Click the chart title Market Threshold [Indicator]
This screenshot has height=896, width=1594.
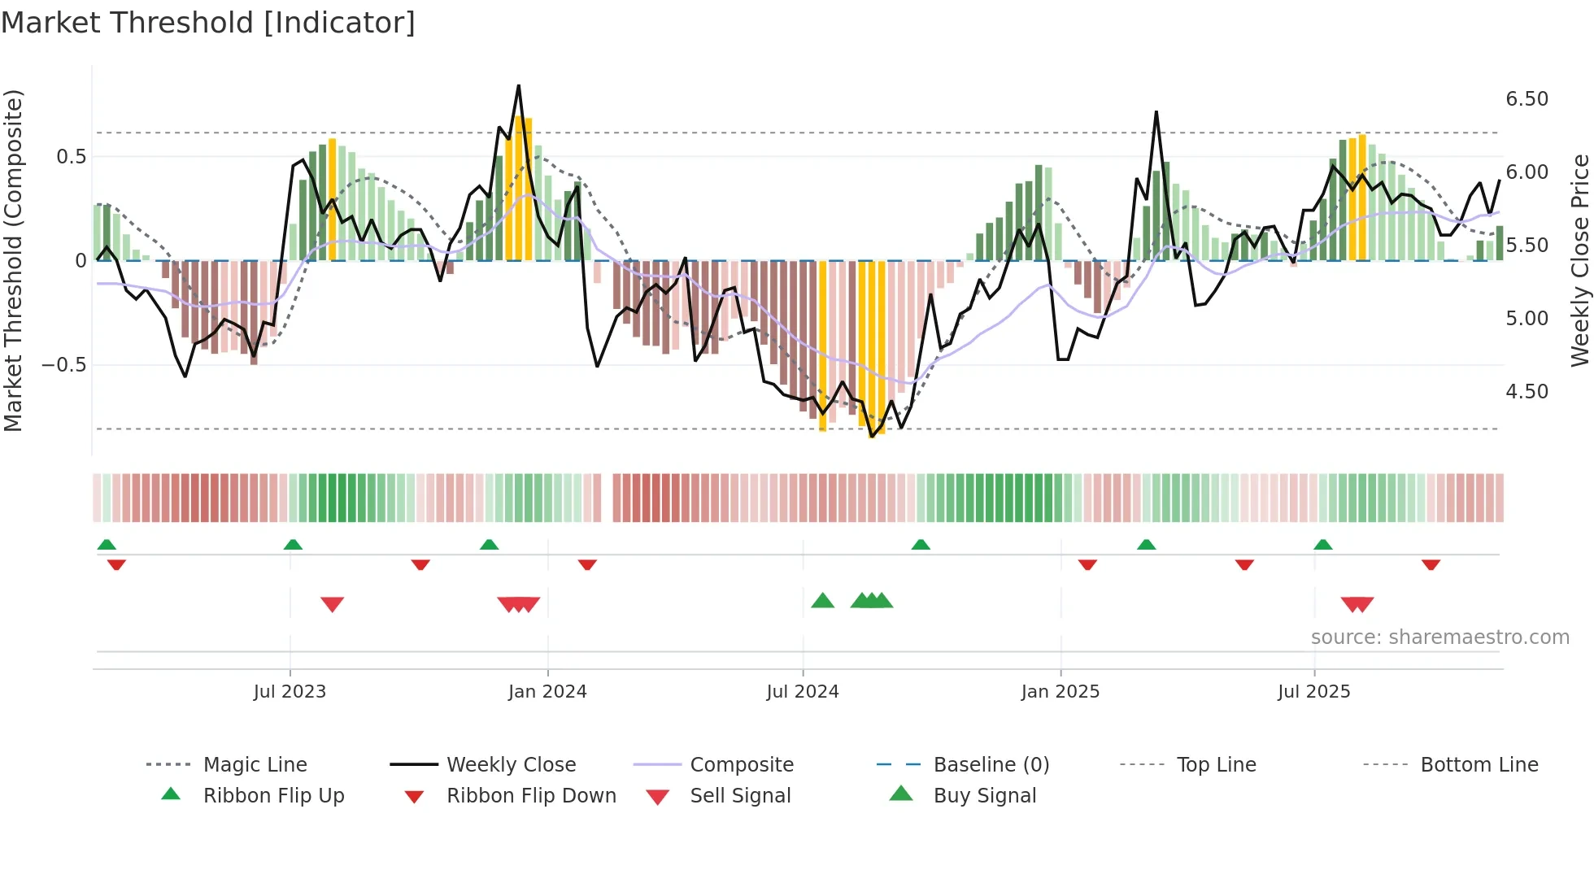pos(208,23)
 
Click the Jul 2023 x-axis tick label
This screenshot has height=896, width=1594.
pos(290,692)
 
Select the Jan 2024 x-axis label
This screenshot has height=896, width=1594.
pos(547,692)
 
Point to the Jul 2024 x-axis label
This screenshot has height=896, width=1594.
pos(803,692)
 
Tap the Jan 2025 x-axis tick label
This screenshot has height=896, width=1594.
pos(1060,692)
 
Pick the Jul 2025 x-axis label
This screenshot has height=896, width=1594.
pos(1314,692)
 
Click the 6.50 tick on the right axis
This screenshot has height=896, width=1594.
pos(1527,99)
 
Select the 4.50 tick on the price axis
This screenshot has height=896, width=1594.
pos(1527,392)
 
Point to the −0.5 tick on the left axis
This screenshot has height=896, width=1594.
pos(64,365)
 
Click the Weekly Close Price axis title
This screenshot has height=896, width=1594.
pos(1579,260)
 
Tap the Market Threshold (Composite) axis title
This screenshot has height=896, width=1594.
pos(14,260)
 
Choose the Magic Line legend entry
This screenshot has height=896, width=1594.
pos(255,765)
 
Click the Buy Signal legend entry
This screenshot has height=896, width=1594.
pos(984,796)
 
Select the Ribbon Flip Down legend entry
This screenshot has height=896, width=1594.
pos(531,796)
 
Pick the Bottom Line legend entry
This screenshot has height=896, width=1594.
pos(1479,765)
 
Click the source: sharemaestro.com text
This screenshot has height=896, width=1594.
pos(1439,637)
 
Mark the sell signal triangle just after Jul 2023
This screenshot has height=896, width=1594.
pos(332,604)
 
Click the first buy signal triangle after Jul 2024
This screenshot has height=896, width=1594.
pos(823,601)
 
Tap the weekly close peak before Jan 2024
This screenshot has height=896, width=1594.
pos(519,85)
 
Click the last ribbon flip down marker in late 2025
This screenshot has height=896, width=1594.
pos(1431,564)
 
